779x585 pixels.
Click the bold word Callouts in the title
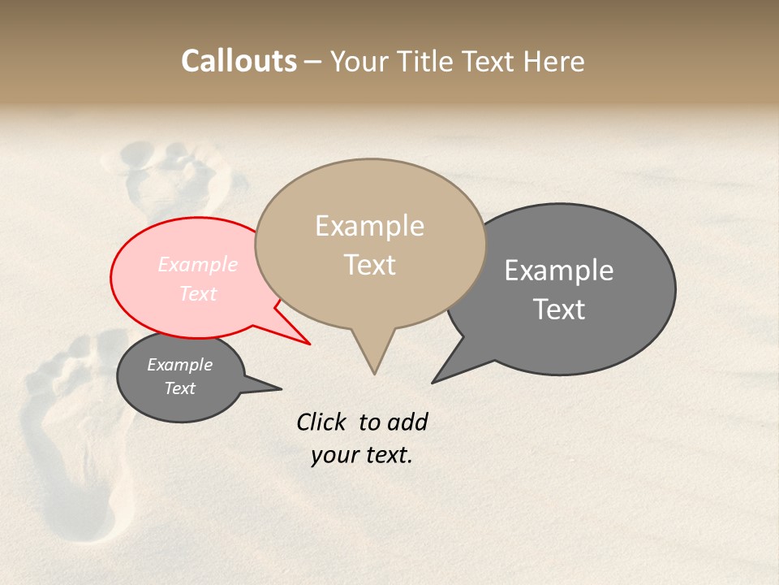coord(239,61)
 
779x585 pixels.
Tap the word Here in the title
coord(555,62)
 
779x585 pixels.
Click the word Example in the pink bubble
coord(197,264)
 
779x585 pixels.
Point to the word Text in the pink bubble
coord(197,293)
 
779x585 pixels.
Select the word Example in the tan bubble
coord(369,226)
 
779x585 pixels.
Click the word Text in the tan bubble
coord(369,265)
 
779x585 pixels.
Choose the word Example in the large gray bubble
coord(559,271)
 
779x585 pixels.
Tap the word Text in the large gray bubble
coord(559,310)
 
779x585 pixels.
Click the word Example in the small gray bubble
coord(179,365)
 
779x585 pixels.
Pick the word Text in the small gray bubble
coord(179,388)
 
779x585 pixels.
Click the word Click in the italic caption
coord(321,422)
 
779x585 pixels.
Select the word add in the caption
coord(407,422)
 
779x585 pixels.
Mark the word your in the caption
coord(334,455)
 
